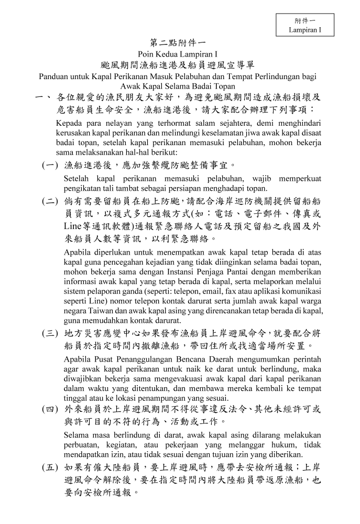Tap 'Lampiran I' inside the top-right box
(x=304, y=30)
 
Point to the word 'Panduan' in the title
(x=55, y=77)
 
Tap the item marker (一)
(x=50, y=166)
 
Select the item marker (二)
(x=50, y=202)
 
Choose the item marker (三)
(x=50, y=333)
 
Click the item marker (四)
(x=50, y=409)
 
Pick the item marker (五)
(x=50, y=467)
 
